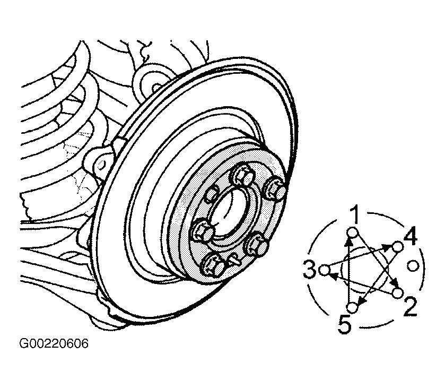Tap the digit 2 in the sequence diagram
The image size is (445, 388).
click(x=411, y=306)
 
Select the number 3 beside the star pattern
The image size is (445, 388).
click(x=310, y=269)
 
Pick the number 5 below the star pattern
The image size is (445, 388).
click(x=345, y=324)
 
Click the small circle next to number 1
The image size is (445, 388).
click(x=352, y=233)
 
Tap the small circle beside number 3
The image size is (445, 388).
click(x=325, y=269)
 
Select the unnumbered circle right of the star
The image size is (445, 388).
click(x=413, y=266)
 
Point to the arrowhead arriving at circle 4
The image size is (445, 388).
click(x=387, y=248)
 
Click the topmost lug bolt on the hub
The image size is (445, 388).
click(x=243, y=176)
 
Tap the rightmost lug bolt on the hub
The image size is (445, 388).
click(x=275, y=188)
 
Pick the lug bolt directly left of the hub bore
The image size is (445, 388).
click(x=202, y=231)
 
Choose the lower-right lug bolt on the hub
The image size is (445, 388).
click(x=257, y=245)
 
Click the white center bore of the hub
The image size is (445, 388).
click(x=229, y=213)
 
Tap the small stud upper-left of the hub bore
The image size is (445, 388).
click(x=212, y=195)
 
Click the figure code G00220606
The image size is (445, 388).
click(x=54, y=343)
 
